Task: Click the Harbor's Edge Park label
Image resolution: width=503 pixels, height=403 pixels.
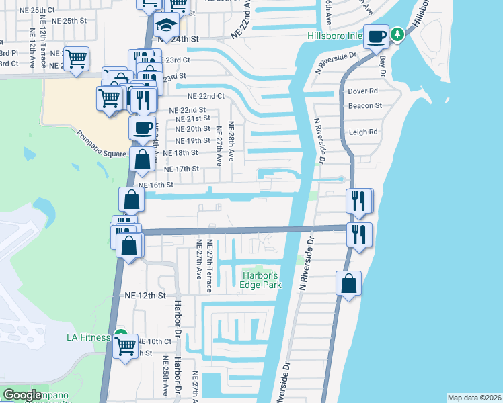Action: [260, 280]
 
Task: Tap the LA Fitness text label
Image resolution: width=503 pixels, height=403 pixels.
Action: [89, 337]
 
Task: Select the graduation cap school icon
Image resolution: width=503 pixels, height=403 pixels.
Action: [165, 26]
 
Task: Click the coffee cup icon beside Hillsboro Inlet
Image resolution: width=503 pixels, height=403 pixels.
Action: [377, 36]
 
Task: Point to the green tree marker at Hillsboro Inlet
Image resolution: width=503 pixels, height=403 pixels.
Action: [397, 33]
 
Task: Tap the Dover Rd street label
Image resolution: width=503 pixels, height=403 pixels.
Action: [364, 91]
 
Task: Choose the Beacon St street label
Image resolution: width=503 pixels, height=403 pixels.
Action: [365, 105]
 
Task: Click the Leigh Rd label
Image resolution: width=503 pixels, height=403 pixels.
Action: [363, 132]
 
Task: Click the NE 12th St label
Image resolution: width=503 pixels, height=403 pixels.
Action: [145, 295]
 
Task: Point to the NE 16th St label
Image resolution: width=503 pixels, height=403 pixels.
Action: [156, 185]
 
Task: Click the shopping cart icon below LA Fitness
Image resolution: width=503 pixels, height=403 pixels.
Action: [126, 347]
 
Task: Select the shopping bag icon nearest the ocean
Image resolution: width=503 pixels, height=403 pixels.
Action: [349, 283]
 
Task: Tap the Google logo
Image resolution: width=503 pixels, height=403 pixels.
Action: [22, 395]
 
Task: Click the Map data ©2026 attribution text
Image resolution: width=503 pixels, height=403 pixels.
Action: [474, 398]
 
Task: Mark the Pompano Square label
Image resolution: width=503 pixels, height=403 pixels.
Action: [101, 142]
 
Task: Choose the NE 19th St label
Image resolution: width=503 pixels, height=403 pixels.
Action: [192, 141]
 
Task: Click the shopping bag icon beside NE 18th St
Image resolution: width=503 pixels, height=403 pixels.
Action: [142, 161]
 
